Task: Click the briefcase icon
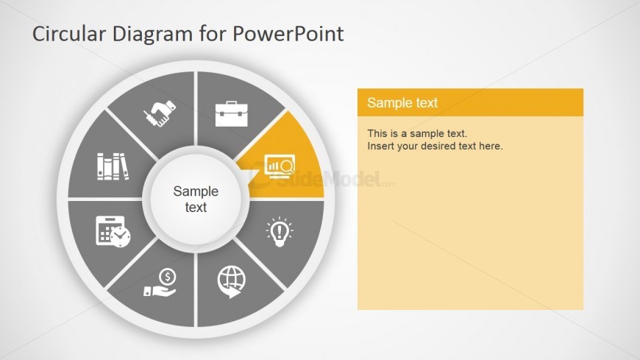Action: pos(232,113)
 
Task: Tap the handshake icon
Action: pos(160,113)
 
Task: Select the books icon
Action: pos(113,166)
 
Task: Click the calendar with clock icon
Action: pos(113,231)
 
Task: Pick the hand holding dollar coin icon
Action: pos(160,282)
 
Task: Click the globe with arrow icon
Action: pos(232,282)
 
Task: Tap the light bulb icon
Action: pos(280,232)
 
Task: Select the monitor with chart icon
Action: pos(280,166)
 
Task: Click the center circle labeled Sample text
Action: pos(196,199)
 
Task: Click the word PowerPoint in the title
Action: pos(288,34)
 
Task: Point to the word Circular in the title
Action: pos(69,34)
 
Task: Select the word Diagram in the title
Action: pos(152,35)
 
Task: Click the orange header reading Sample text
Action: pos(470,102)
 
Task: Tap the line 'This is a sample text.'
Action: pos(417,134)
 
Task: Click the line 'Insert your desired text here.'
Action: pos(435,146)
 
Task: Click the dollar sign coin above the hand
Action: pos(167,277)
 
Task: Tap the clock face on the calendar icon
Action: pos(121,236)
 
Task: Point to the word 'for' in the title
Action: pos(213,34)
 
